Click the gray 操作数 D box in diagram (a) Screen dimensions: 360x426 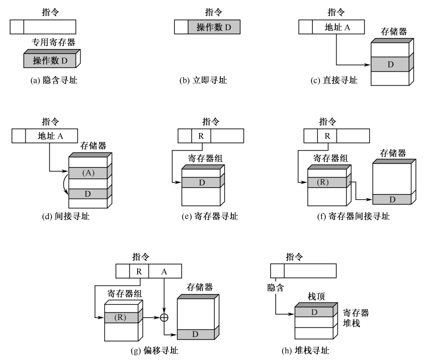coord(50,61)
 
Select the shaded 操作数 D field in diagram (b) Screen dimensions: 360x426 coord(213,26)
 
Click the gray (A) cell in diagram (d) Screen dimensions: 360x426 coord(88,172)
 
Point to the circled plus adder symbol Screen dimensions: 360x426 coord(164,317)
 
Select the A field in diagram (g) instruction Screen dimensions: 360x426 coord(165,271)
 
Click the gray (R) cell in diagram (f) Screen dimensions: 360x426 coord(326,181)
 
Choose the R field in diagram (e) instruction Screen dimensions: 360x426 coord(201,135)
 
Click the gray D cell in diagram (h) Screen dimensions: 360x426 coord(314,311)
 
